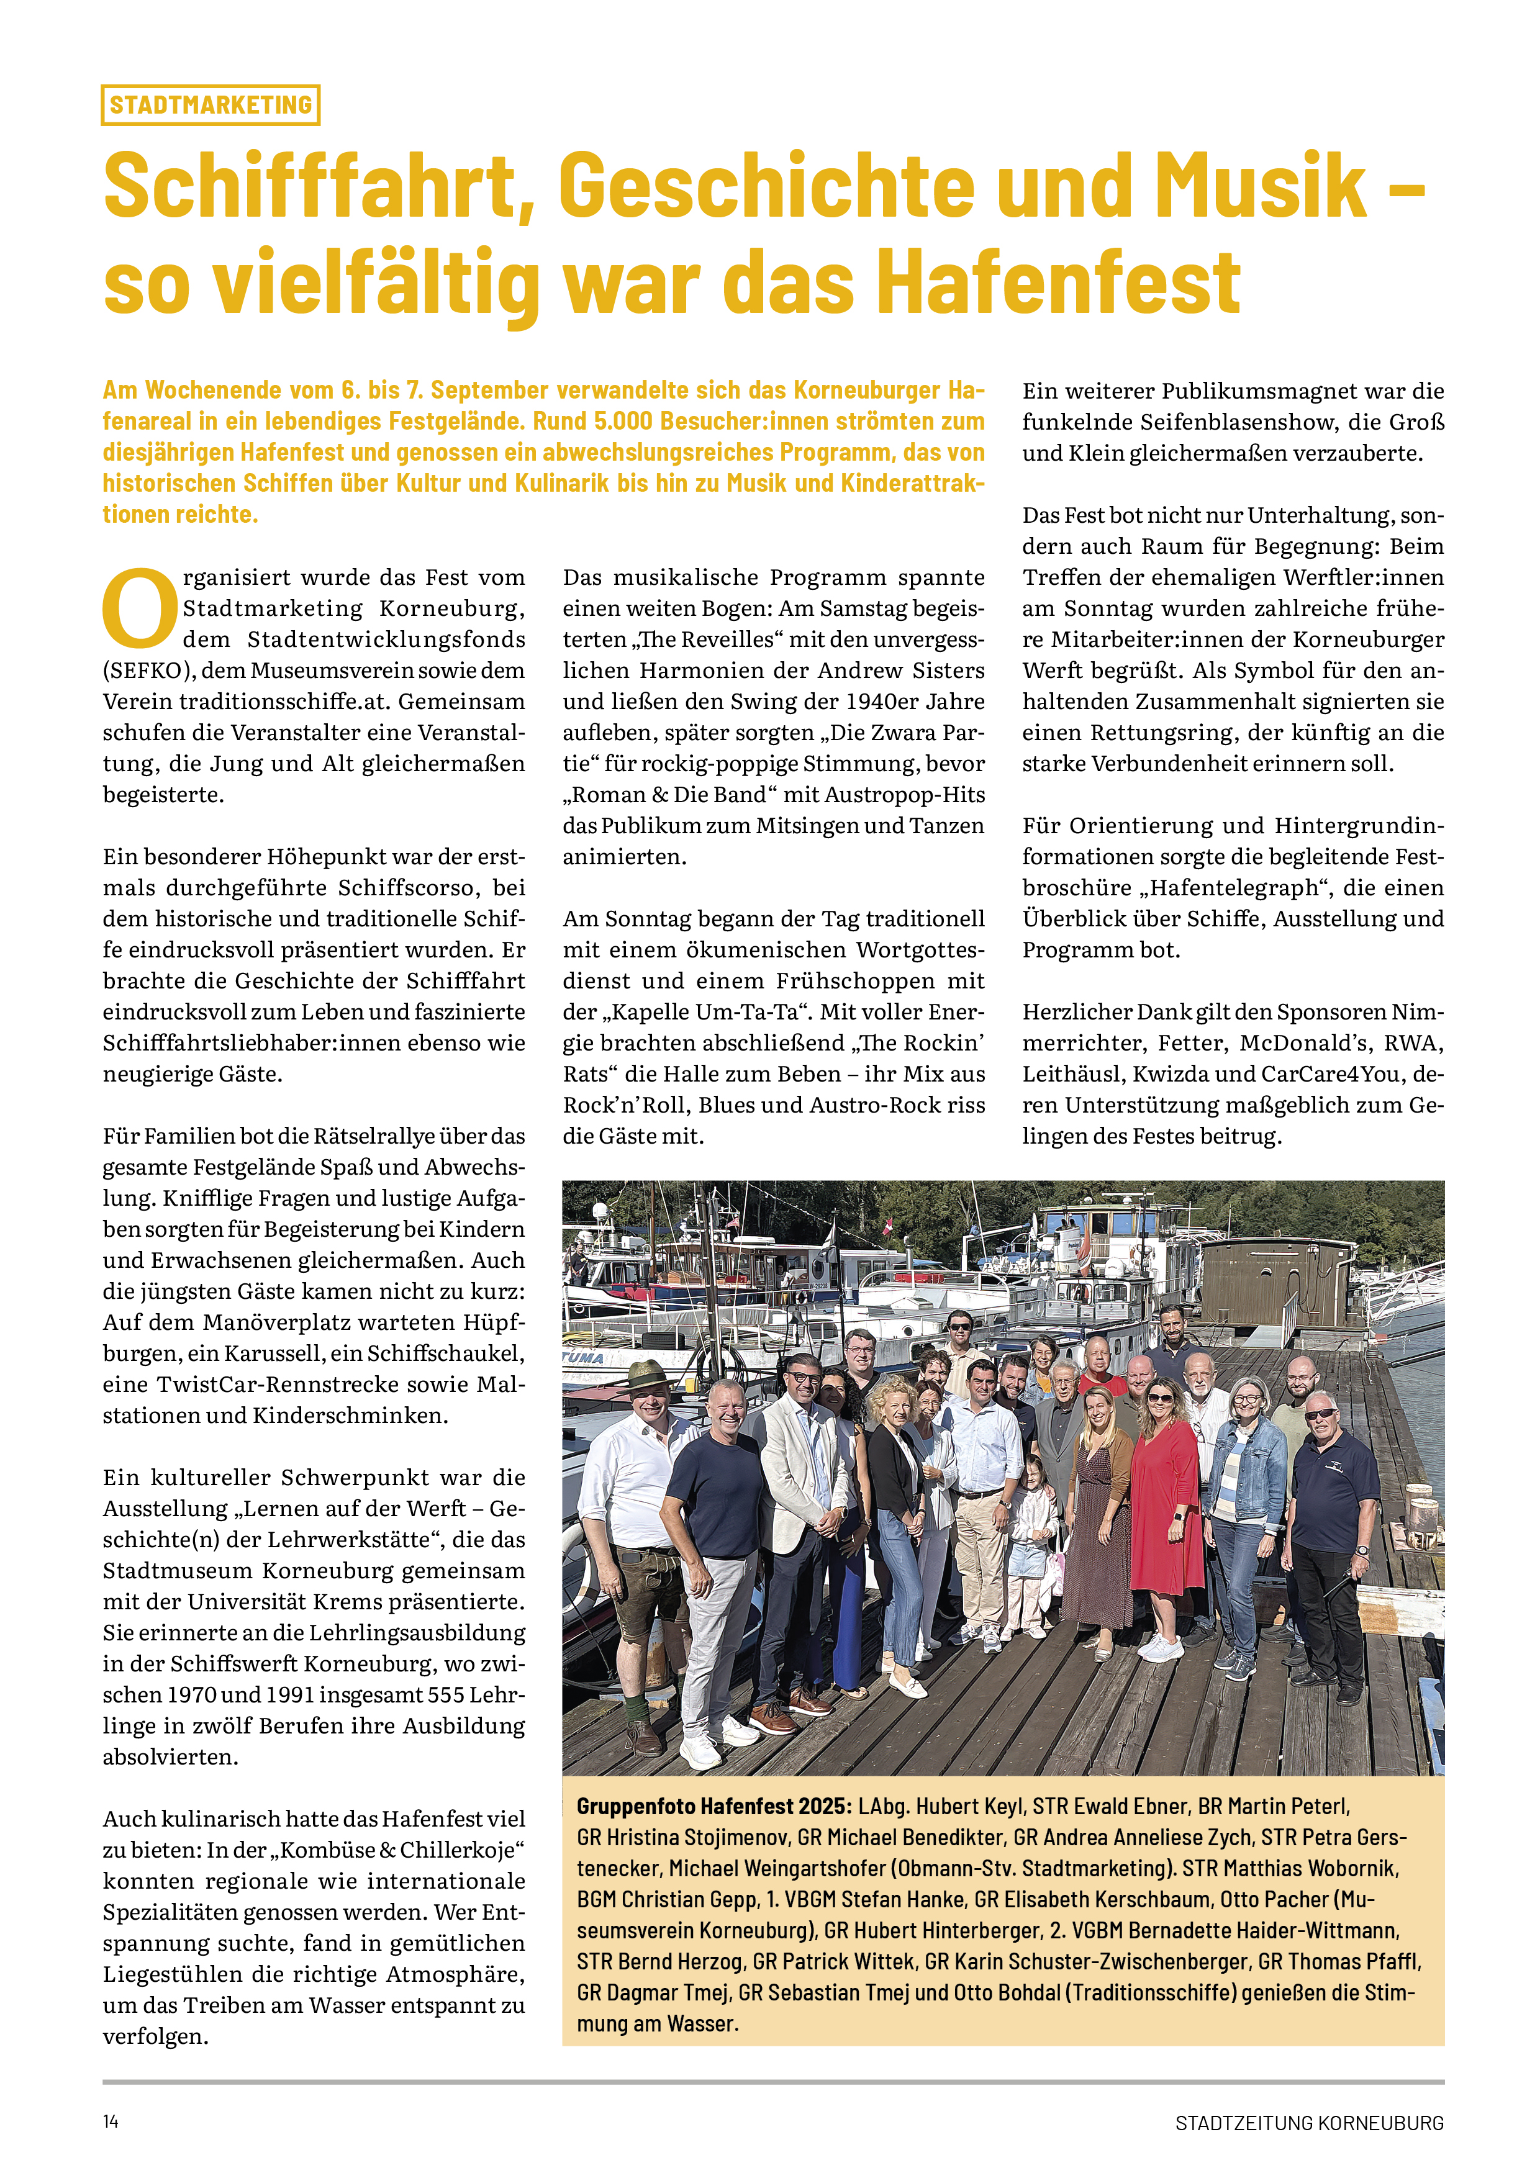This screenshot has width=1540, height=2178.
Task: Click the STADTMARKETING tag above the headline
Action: (210, 104)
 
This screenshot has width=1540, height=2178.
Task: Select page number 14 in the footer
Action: (111, 2121)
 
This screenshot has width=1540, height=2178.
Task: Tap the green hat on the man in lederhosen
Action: (647, 1375)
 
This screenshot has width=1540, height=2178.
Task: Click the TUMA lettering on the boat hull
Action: (582, 1359)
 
